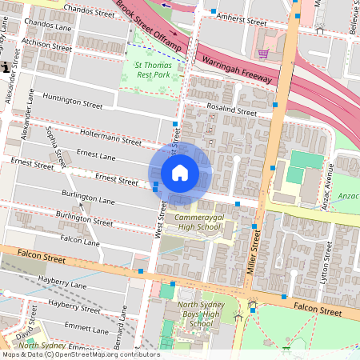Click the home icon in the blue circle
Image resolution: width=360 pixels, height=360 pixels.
coord(180,173)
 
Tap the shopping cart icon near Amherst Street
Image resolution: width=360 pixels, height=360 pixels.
coord(263,54)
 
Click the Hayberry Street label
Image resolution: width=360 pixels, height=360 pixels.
coord(74,305)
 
